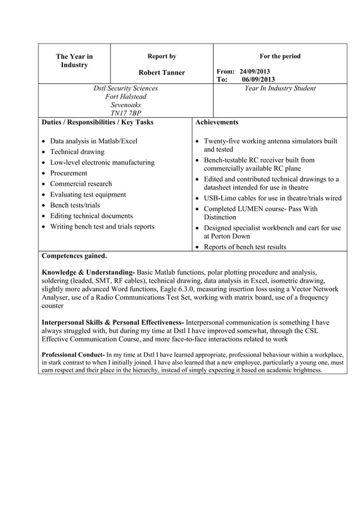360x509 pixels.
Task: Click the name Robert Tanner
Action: pos(161,72)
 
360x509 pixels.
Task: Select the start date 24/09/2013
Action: pos(254,72)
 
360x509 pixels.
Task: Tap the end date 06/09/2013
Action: pos(258,80)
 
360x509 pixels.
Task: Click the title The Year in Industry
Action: pos(74,61)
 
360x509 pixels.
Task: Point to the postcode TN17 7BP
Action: pos(125,113)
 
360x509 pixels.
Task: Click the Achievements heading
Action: pos(217,122)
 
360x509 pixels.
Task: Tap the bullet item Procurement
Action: pos(68,173)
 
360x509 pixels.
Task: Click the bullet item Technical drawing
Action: pos(77,152)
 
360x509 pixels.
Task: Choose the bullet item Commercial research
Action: pos(81,184)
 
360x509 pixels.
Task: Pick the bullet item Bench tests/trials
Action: pos(74,205)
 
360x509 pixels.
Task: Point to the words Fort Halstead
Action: pos(125,96)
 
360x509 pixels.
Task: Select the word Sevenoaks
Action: pos(125,105)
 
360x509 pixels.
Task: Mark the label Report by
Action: pos(161,56)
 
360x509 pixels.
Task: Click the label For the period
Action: pos(280,56)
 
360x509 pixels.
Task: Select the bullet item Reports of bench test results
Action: pos(244,247)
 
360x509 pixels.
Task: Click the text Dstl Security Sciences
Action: pos(125,89)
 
